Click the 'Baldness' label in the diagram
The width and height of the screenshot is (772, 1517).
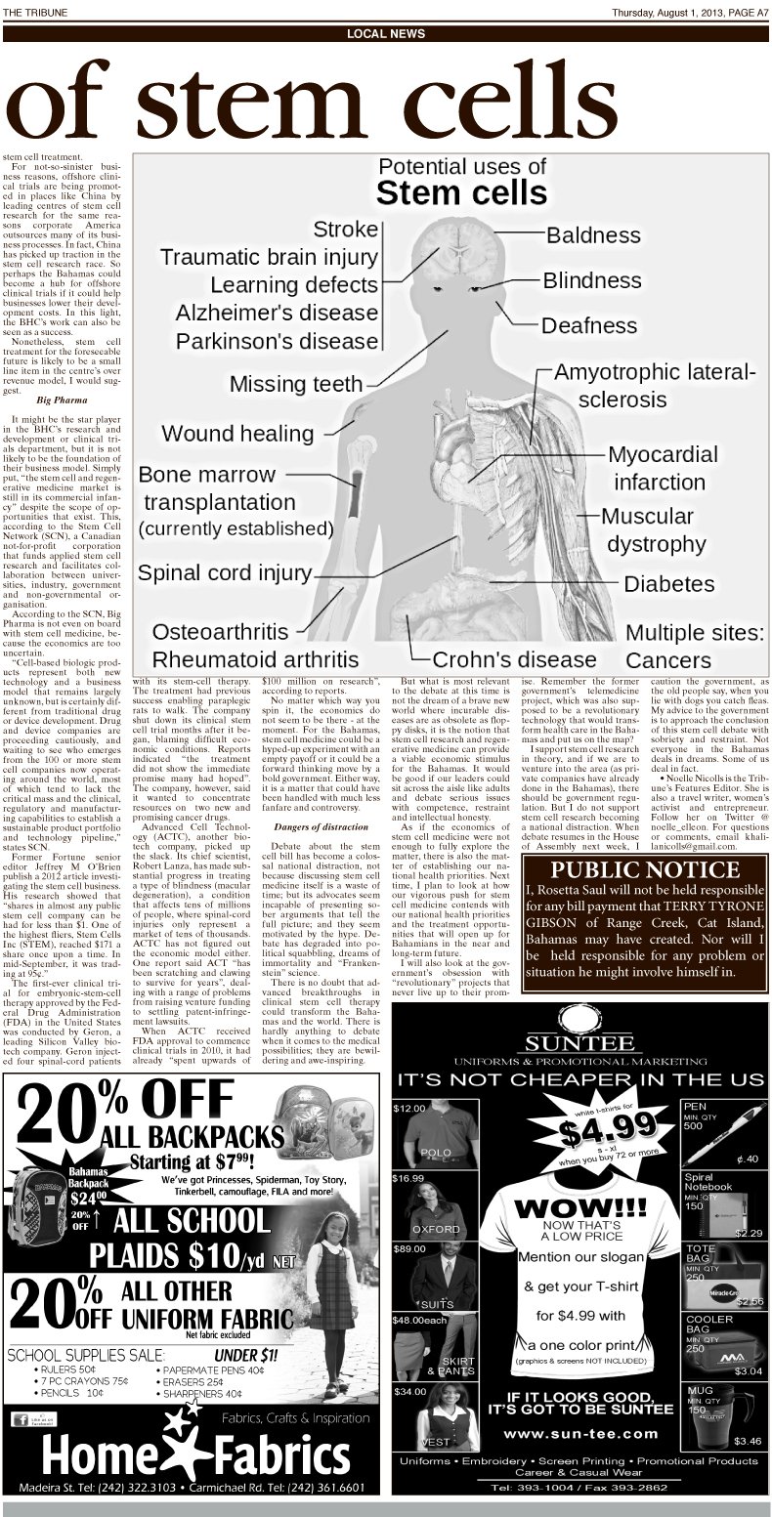coord(593,235)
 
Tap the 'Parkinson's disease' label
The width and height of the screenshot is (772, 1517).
coord(277,342)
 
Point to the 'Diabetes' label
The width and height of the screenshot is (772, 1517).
coord(668,584)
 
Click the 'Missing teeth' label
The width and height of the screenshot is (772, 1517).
coord(296,384)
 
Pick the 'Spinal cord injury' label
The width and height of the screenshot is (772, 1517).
coord(225,572)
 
